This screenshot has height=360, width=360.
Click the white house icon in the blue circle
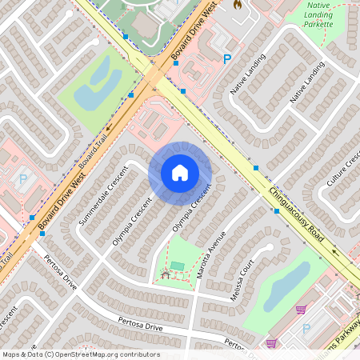180,173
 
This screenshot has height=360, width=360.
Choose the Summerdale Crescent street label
104,196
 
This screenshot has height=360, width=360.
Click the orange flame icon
237,4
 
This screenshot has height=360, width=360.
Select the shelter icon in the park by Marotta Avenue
166,275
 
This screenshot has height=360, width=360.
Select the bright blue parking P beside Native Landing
227,58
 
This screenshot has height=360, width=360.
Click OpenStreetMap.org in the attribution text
106,354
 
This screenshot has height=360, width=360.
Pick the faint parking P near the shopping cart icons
306,328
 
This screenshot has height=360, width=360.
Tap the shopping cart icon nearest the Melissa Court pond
301,310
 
